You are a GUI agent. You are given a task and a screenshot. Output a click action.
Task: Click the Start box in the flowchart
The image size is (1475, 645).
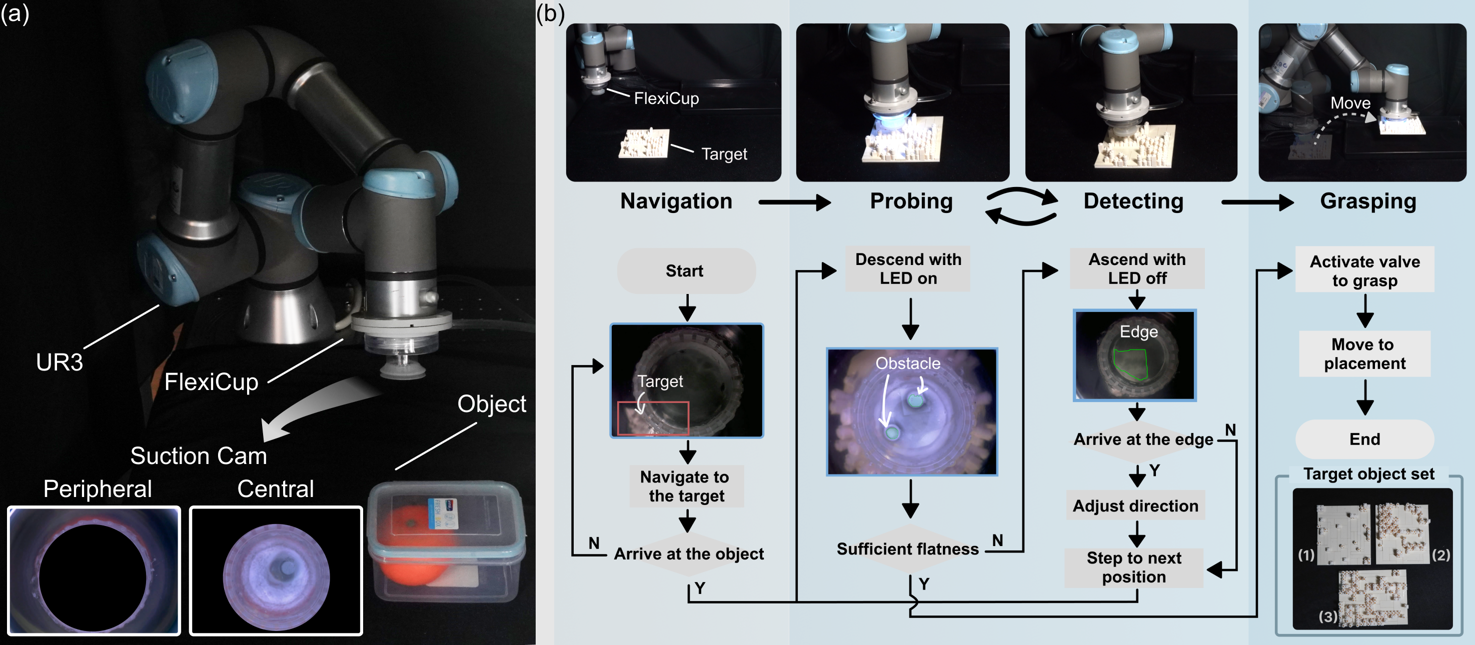pos(685,270)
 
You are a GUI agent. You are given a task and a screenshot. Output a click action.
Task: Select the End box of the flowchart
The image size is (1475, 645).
pos(1364,439)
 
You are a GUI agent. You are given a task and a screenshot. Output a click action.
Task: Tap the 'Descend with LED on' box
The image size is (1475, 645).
pos(908,268)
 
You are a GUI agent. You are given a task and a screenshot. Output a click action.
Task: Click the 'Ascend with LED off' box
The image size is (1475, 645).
pos(1136,268)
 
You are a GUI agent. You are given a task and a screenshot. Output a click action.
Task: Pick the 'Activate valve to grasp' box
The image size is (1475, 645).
pos(1364,270)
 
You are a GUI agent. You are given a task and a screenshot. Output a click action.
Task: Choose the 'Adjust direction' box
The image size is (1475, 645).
pos(1135,506)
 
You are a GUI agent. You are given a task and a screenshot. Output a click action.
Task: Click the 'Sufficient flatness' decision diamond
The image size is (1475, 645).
pos(908,549)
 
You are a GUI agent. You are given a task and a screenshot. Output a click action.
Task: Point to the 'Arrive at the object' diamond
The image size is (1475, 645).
pos(688,553)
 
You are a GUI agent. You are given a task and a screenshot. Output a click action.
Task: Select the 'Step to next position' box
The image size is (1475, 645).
pos(1134,567)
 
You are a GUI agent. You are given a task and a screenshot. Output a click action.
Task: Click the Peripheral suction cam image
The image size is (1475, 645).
pos(94,570)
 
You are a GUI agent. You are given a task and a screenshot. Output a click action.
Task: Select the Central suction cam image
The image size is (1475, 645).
pos(276,570)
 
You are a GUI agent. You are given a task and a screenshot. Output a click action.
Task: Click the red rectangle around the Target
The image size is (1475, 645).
pos(653,418)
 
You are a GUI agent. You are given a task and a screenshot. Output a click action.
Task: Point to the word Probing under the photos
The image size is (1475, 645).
pos(911,201)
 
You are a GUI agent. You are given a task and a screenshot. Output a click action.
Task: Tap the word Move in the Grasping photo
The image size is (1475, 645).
pos(1349,103)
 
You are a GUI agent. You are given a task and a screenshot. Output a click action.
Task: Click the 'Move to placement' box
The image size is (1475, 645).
pos(1364,353)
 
